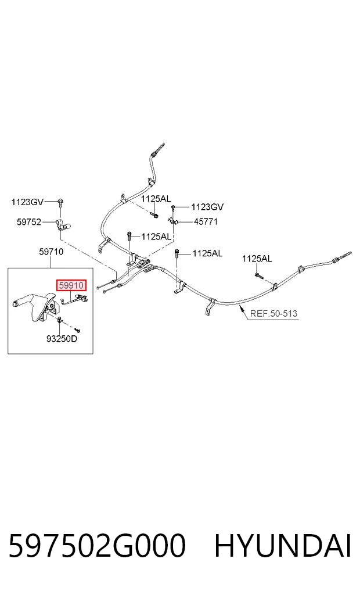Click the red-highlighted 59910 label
[x=71, y=286]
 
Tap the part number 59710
[x=51, y=252]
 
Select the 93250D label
[x=62, y=339]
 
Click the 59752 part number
[x=29, y=222]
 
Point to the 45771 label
[x=206, y=221]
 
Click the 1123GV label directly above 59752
[x=27, y=202]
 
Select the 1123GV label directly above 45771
[x=207, y=207]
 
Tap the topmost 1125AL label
[x=156, y=199]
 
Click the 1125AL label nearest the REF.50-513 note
[x=257, y=259]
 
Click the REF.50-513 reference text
[x=273, y=314]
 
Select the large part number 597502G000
[x=97, y=546]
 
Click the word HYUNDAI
[x=283, y=546]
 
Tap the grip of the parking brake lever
[x=23, y=302]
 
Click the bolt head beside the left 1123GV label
[x=60, y=202]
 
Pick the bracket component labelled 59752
[x=63, y=225]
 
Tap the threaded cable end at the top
[x=158, y=149]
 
